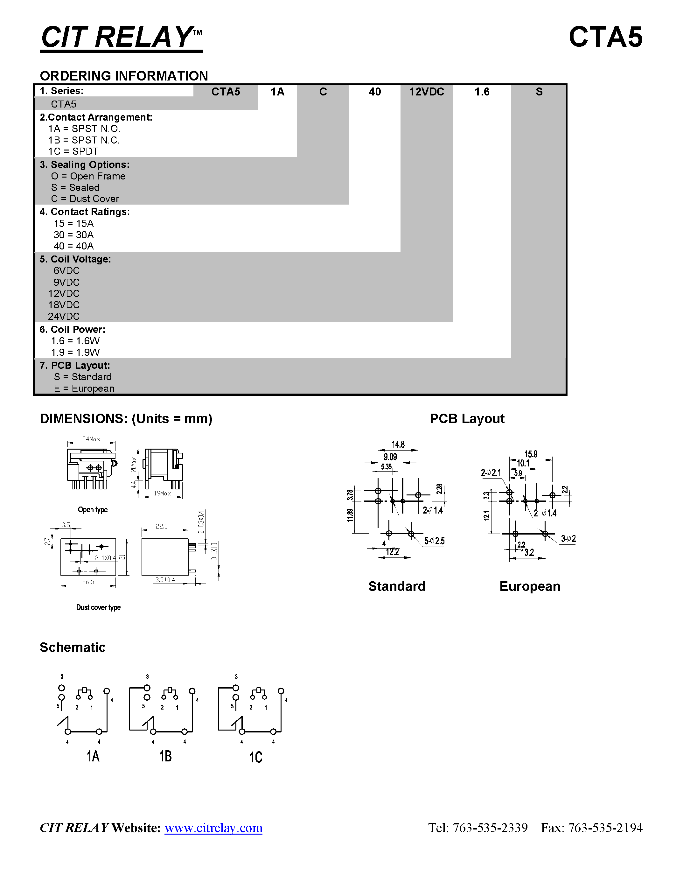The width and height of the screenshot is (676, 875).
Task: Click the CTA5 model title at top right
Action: (605, 37)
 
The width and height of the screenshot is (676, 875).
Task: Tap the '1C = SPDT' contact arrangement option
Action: (73, 151)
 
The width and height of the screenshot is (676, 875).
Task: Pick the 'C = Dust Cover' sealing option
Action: (85, 199)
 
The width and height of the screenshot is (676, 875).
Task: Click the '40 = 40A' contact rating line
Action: (74, 246)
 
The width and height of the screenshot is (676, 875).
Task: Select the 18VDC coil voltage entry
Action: (64, 305)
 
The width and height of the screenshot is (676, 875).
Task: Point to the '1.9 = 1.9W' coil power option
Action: (75, 352)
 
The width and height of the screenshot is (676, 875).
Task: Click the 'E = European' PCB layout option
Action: (84, 388)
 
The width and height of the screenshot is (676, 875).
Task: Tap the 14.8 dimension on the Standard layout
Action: (398, 445)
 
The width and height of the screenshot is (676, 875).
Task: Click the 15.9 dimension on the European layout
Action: (531, 454)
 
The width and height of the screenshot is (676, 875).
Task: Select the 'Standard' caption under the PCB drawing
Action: (396, 586)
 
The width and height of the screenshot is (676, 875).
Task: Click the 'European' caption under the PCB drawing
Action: (529, 586)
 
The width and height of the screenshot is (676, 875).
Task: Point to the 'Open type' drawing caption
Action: (93, 510)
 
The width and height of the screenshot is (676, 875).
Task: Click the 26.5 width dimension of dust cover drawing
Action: (88, 582)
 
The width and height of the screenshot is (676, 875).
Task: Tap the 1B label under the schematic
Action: (165, 756)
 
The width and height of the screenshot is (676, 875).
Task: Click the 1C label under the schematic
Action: (256, 757)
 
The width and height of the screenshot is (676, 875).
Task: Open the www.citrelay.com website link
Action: (213, 828)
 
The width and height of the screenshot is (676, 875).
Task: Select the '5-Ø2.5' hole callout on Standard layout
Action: (435, 541)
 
